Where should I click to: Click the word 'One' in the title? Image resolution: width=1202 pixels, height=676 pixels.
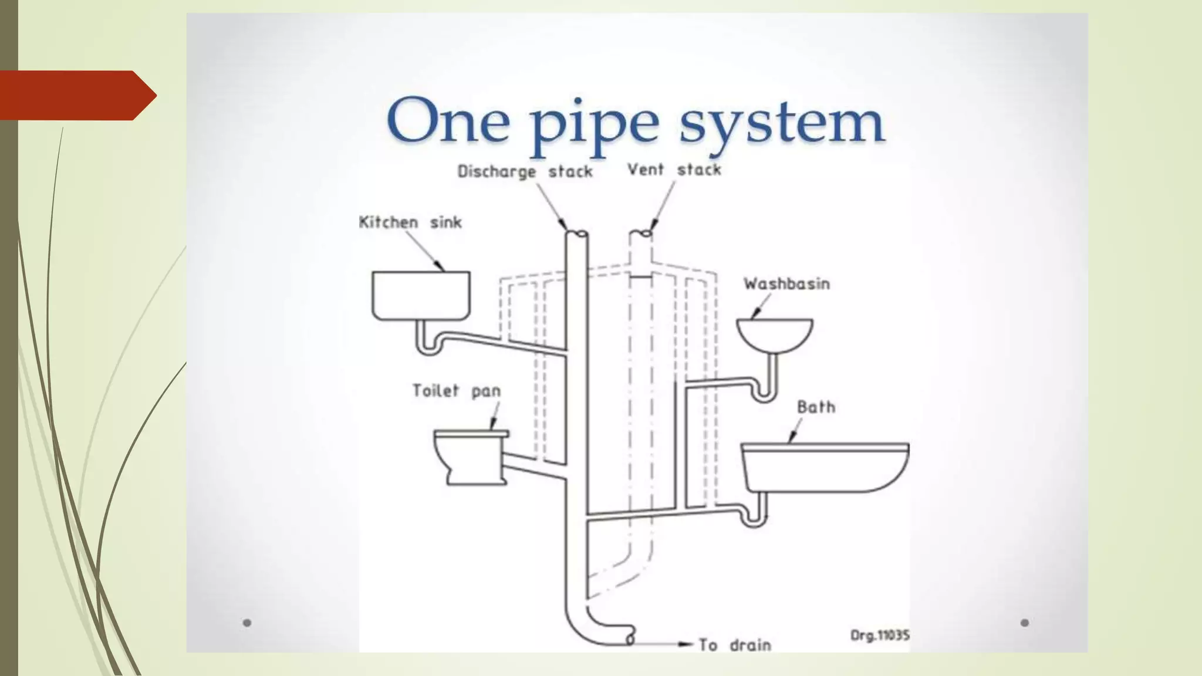(448, 122)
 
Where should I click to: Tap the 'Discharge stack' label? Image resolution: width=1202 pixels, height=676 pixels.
(525, 171)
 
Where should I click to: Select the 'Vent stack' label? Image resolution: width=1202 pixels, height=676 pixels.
(674, 170)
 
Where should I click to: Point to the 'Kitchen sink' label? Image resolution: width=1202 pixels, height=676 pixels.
(410, 222)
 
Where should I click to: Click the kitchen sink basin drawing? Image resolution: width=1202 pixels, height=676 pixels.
(421, 295)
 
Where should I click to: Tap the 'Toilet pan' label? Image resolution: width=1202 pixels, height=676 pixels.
(456, 391)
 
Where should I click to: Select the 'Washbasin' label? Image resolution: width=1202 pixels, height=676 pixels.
(786, 284)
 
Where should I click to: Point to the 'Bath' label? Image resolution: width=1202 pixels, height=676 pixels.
(816, 407)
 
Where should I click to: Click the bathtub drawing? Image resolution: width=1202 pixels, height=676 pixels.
(825, 468)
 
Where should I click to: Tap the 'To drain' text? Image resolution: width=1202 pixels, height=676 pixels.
(734, 645)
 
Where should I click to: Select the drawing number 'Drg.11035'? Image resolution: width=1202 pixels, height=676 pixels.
(880, 635)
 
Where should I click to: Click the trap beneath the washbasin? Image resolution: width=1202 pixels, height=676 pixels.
(765, 392)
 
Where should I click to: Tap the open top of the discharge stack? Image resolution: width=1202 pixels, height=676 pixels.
(577, 234)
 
